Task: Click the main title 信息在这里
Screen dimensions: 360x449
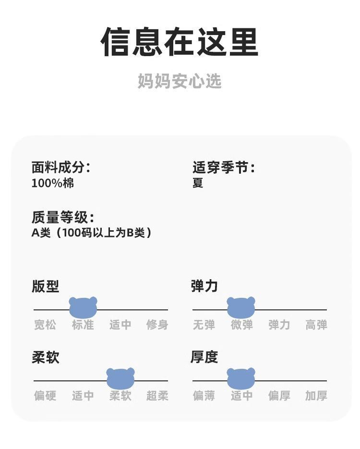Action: (180, 42)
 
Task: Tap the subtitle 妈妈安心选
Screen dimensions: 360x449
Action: (180, 81)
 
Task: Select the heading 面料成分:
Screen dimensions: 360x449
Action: (60, 167)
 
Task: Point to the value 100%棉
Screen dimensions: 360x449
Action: (53, 183)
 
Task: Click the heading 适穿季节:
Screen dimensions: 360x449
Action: (223, 167)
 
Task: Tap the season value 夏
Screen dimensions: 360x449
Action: (198, 183)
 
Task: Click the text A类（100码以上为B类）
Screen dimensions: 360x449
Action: (92, 233)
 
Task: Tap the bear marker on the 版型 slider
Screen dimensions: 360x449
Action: (83, 307)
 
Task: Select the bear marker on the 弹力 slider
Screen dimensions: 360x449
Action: (241, 307)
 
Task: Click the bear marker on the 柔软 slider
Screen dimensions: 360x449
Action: (120, 378)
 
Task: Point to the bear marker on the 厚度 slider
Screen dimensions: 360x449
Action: (241, 378)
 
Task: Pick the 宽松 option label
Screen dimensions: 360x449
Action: (45, 325)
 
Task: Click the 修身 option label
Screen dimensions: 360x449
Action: (157, 325)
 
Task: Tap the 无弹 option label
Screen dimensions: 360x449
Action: (204, 325)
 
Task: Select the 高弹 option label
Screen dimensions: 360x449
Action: (316, 325)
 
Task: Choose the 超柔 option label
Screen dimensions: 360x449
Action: (157, 396)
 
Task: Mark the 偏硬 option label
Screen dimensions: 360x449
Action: (45, 396)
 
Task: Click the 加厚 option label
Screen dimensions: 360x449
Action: (316, 396)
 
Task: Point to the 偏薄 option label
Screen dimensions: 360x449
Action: (204, 396)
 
